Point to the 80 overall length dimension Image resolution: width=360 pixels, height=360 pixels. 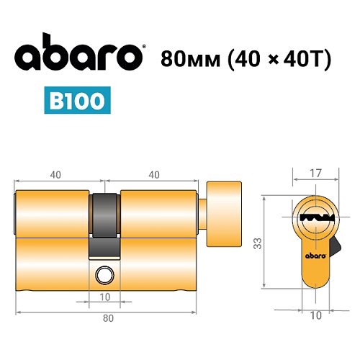[x=107, y=317]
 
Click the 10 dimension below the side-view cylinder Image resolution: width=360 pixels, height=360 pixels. [x=105, y=297]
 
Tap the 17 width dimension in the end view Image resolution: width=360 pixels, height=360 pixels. [x=315, y=173]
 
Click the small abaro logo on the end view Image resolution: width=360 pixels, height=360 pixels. [x=315, y=253]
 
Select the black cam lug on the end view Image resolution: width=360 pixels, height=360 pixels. [x=334, y=249]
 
